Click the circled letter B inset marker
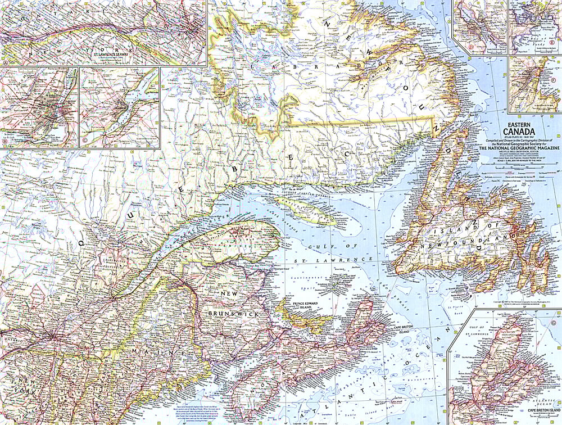tap(5, 144)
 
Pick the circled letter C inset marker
tap(84, 144)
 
